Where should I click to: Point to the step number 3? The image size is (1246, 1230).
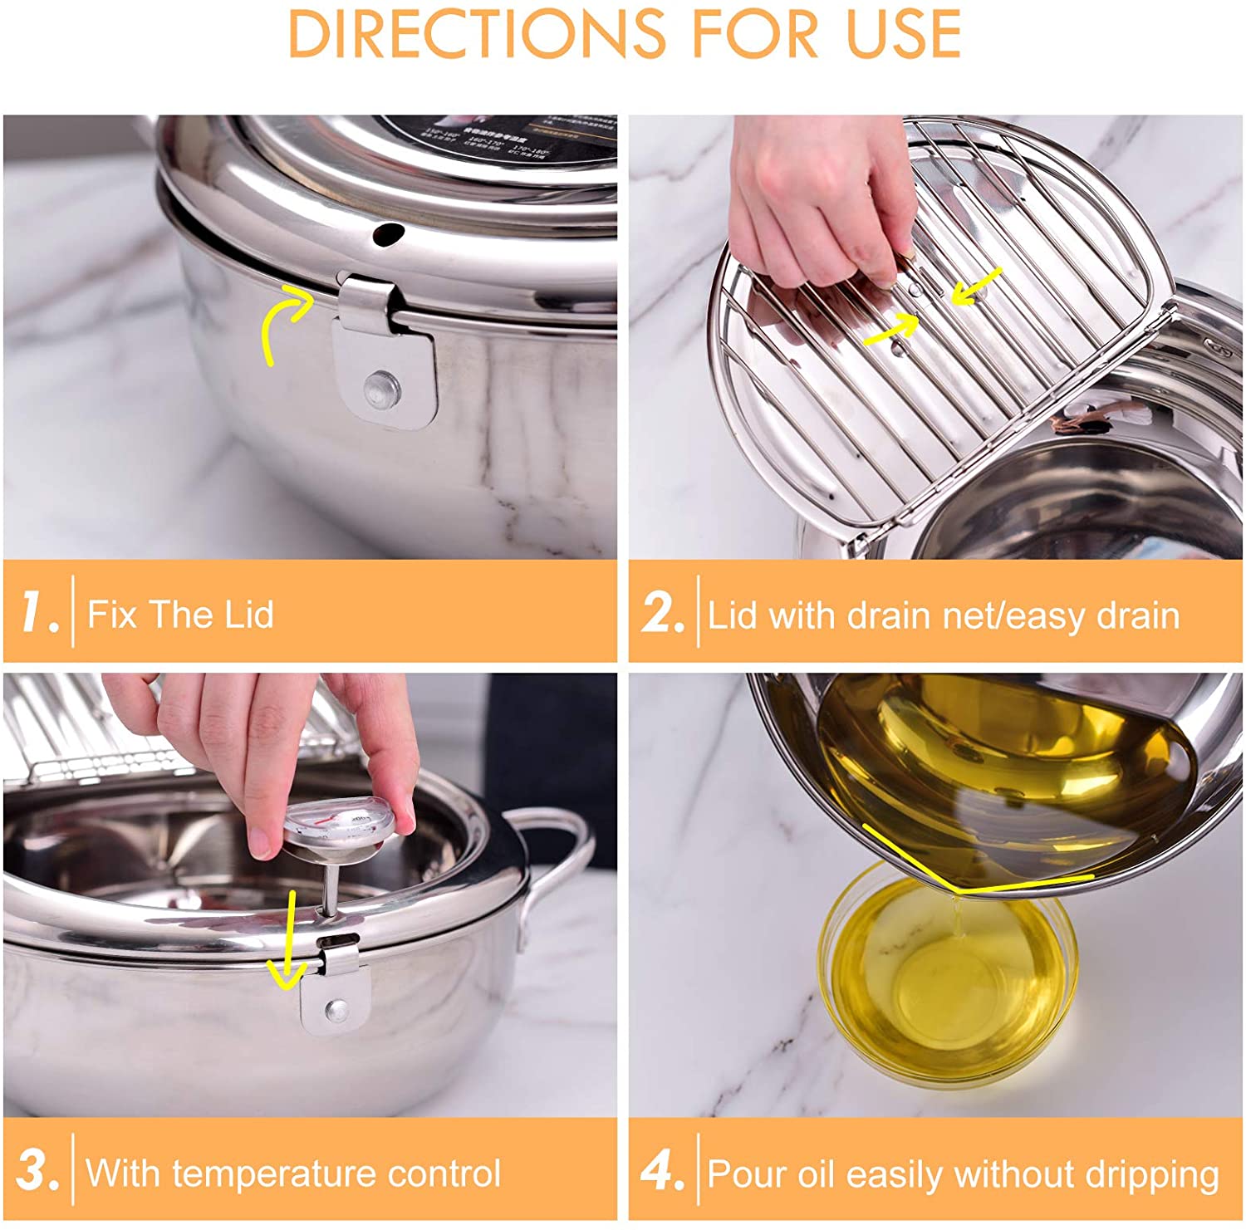pos(37,1171)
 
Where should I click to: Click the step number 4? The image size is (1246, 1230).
pos(662,1171)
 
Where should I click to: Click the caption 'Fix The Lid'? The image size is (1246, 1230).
pos(180,615)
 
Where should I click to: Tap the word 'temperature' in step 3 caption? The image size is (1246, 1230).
pos(276,1174)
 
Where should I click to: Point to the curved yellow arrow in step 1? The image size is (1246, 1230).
pos(282,320)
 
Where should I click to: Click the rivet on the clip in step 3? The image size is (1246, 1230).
pos(336,1010)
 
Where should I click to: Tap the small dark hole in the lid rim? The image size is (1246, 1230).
pos(387,233)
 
